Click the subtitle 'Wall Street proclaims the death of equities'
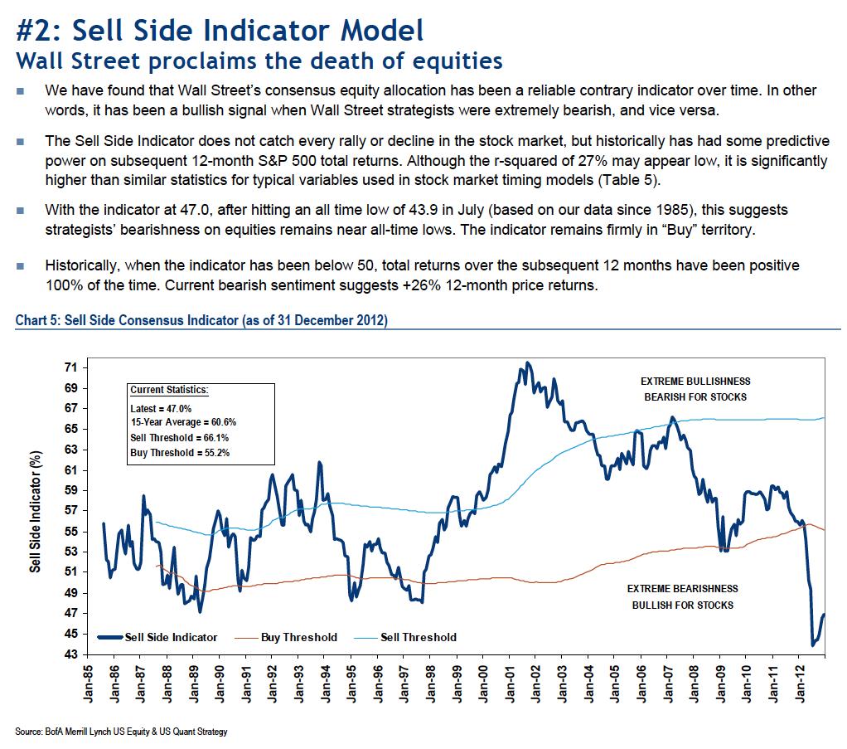[259, 61]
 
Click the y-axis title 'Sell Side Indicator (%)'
[35, 510]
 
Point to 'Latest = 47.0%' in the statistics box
[161, 409]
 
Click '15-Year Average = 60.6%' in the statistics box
[184, 423]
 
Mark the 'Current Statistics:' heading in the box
[169, 389]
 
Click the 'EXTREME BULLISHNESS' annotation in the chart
[695, 382]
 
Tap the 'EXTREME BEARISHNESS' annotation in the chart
[682, 589]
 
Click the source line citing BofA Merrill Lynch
[121, 732]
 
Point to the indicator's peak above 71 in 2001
[528, 362]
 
